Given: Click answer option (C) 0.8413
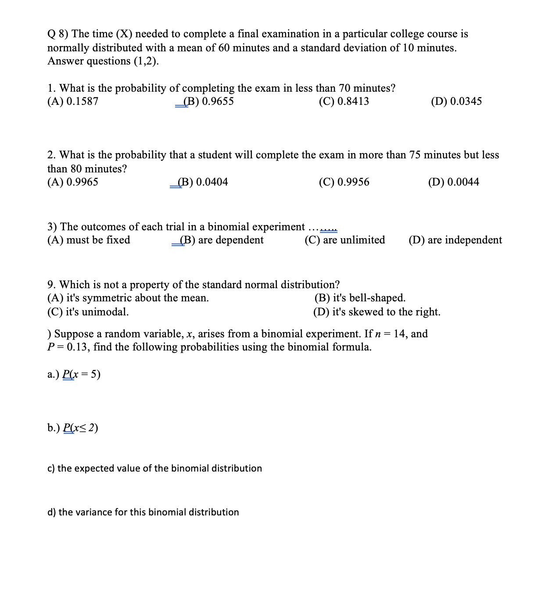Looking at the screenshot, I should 344,101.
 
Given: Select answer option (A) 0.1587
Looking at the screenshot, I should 73,101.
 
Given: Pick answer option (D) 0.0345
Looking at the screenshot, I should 456,101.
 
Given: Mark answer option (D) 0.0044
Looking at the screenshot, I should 453,182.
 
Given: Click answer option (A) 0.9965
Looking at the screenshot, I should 73,182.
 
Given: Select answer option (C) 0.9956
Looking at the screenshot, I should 344,182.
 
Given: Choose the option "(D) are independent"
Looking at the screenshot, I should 455,240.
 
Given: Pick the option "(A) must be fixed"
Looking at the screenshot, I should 89,240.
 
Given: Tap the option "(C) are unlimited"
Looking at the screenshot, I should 344,240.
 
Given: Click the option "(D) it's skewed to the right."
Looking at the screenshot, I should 377,312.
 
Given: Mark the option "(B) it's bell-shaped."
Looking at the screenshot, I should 360,298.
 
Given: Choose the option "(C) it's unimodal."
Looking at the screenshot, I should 88,312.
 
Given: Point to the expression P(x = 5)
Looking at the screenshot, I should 82,374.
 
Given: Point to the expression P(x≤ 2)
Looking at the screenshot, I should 81,428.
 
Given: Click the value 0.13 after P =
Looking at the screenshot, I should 79,347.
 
